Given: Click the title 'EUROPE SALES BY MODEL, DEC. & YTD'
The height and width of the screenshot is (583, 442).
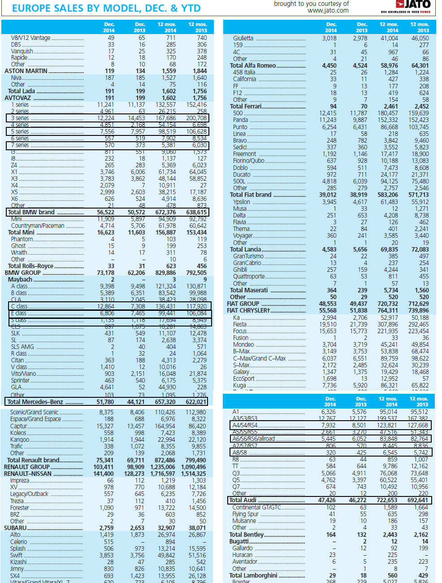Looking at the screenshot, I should pyautogui.click(x=106, y=8).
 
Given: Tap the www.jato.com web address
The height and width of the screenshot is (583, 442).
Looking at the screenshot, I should pyautogui.click(x=328, y=10).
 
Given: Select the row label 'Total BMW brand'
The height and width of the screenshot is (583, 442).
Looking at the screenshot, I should pyautogui.click(x=31, y=212).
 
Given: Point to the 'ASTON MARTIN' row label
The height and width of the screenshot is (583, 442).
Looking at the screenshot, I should pyautogui.click(x=26, y=71).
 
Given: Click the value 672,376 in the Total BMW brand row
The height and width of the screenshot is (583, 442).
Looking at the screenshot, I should pyautogui.click(x=165, y=212).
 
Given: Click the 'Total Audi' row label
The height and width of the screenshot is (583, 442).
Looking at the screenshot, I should pyautogui.click(x=243, y=500).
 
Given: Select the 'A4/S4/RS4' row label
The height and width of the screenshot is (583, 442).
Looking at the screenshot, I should pyautogui.click(x=245, y=425).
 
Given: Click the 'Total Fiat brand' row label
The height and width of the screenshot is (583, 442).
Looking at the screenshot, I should pyautogui.click(x=251, y=195).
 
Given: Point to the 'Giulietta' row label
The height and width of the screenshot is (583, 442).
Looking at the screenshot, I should pyautogui.click(x=243, y=38).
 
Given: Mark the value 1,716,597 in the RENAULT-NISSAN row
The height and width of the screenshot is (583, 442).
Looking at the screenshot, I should pyautogui.click(x=163, y=474).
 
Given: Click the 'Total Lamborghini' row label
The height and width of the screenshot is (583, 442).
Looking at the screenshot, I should pyautogui.click(x=253, y=575).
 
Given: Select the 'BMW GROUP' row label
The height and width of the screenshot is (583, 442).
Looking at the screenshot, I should pyautogui.click(x=22, y=273).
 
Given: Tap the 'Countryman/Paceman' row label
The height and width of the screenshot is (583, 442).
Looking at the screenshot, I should pyautogui.click(x=38, y=226).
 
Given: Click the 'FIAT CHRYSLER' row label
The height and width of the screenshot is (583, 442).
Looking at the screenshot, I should pyautogui.click(x=248, y=310).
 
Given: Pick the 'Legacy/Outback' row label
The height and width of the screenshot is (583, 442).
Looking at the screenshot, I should pyautogui.click(x=29, y=494).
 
